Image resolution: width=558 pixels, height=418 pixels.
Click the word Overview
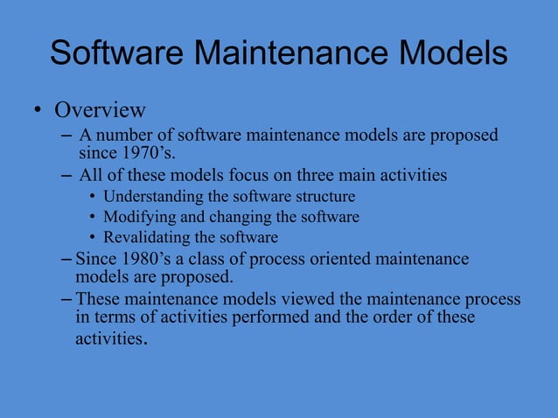pyautogui.click(x=100, y=111)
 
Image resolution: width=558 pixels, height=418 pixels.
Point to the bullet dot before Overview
pyautogui.click(x=38, y=111)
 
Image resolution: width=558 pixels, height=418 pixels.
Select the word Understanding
pyautogui.click(x=158, y=196)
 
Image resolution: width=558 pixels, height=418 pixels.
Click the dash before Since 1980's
pyautogui.click(x=67, y=260)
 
